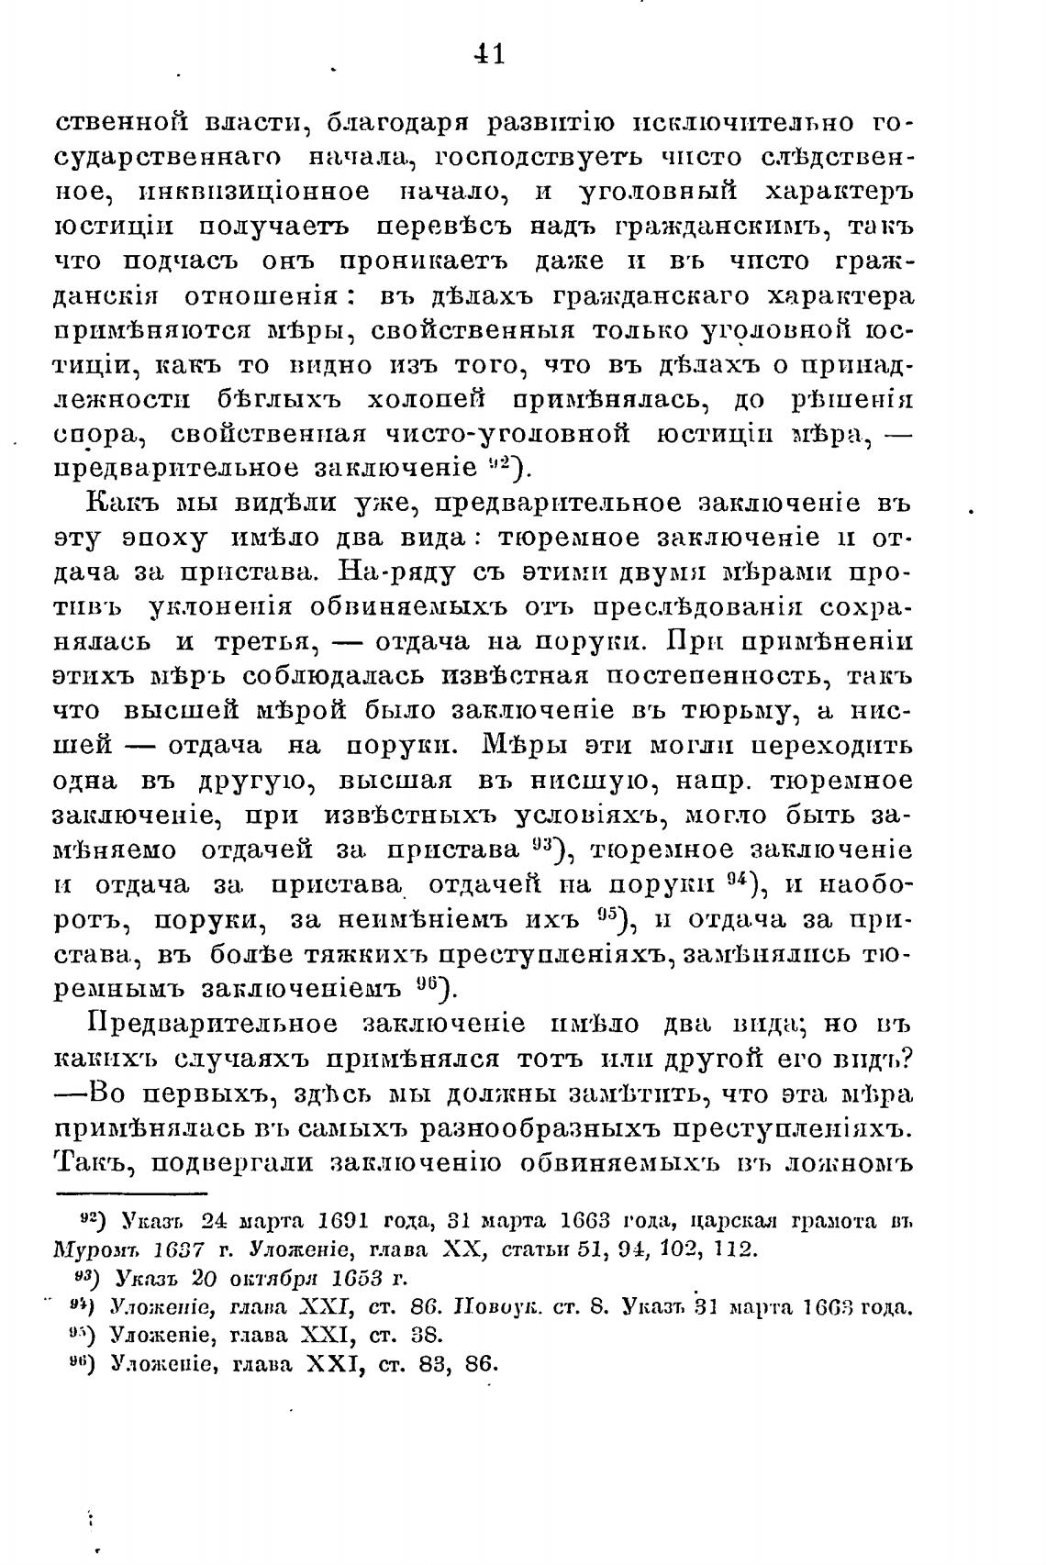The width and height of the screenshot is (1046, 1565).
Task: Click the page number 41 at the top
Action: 488,55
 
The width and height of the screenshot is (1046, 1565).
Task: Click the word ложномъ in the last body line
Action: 841,1163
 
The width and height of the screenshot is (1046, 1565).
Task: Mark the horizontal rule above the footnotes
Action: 133,1194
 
